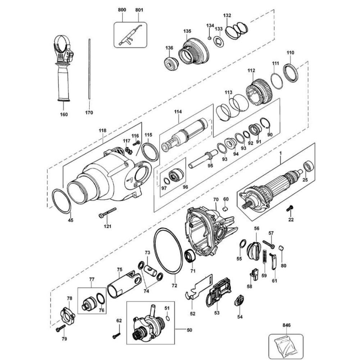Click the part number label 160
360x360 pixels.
point(64,114)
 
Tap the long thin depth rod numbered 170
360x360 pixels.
point(89,69)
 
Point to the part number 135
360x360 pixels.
point(187,31)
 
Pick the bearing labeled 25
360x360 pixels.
point(309,167)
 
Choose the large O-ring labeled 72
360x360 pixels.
point(168,251)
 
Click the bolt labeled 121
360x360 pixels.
point(107,213)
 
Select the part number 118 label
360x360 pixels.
point(103,130)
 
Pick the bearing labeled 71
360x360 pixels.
point(190,255)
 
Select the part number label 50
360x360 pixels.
point(189,330)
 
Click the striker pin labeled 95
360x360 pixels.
point(203,159)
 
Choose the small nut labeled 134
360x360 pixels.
point(210,38)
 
